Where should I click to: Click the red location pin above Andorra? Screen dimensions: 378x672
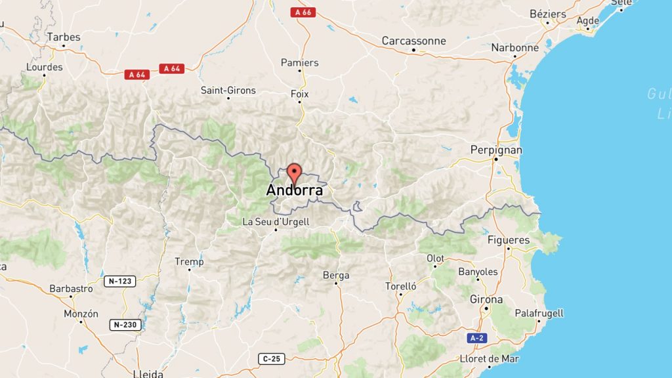point(295,173)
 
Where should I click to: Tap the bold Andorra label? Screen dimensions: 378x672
point(295,191)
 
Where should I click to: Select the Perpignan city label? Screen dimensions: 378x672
point(496,150)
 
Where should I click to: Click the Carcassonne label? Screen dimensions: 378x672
point(413,41)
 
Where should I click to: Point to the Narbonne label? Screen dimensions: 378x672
point(514,47)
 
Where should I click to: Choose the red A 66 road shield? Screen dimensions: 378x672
point(303,12)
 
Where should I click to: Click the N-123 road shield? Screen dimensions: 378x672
point(119,282)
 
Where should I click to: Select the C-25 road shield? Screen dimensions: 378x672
point(271,358)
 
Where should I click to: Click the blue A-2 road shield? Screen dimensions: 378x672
point(477,338)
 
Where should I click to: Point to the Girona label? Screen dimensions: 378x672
point(486,299)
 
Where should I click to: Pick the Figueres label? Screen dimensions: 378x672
point(508,240)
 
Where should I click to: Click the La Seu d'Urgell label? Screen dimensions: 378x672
point(276,222)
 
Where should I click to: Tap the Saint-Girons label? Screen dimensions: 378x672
point(228,90)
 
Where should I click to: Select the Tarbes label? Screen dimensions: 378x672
point(63,37)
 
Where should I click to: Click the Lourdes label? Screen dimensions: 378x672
point(44,67)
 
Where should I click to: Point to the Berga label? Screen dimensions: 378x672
point(336,275)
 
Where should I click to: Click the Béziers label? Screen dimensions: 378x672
point(547,14)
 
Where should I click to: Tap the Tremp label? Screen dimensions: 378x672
point(189,261)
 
